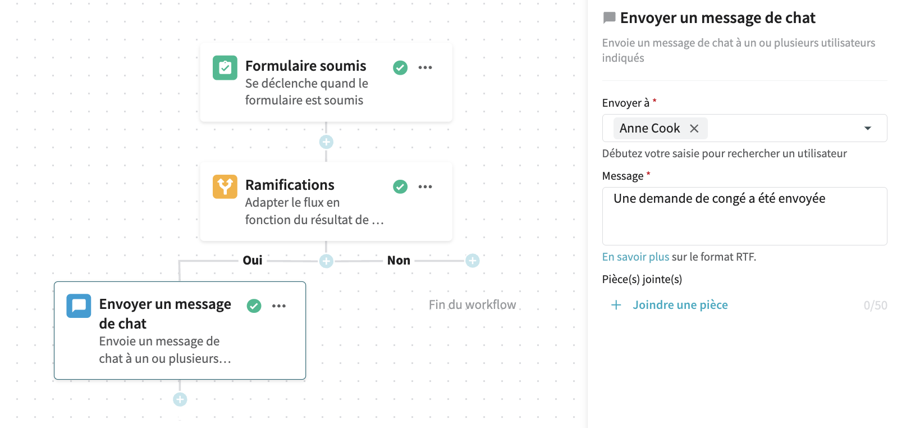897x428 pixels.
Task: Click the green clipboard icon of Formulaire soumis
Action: point(225,68)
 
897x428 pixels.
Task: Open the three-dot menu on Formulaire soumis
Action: point(425,67)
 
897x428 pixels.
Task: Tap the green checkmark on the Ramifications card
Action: point(400,186)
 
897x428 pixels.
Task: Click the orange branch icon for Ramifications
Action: point(225,186)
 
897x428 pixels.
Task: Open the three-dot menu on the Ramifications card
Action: point(425,186)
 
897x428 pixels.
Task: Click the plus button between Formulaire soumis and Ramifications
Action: point(326,142)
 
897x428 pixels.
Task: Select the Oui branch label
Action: point(253,261)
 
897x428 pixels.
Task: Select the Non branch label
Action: point(399,261)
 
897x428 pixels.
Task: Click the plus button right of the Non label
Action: point(473,261)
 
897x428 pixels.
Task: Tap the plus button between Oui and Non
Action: point(326,261)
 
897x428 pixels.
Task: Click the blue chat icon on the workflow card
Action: point(79,306)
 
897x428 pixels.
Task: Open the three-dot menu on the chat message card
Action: point(279,306)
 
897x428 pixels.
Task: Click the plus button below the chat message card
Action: point(180,399)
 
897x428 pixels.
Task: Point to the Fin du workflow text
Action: point(473,305)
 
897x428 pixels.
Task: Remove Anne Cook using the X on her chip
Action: point(694,129)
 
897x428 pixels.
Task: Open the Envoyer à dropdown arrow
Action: point(868,128)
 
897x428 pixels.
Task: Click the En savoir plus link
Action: point(635,257)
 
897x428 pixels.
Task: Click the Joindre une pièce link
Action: point(680,305)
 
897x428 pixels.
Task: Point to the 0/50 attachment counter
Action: point(875,306)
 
